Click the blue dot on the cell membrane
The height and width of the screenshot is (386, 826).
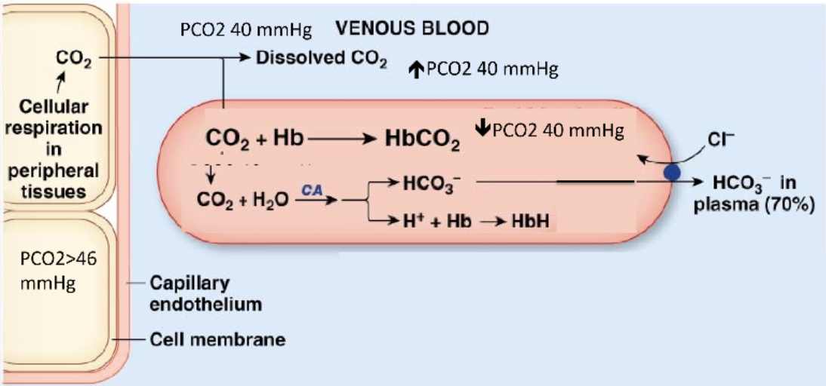pyautogui.click(x=672, y=172)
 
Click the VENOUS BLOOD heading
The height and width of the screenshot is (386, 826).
pyautogui.click(x=412, y=28)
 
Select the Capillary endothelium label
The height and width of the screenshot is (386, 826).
pyautogui.click(x=199, y=293)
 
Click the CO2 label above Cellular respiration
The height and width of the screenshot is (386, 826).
pyautogui.click(x=74, y=58)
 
